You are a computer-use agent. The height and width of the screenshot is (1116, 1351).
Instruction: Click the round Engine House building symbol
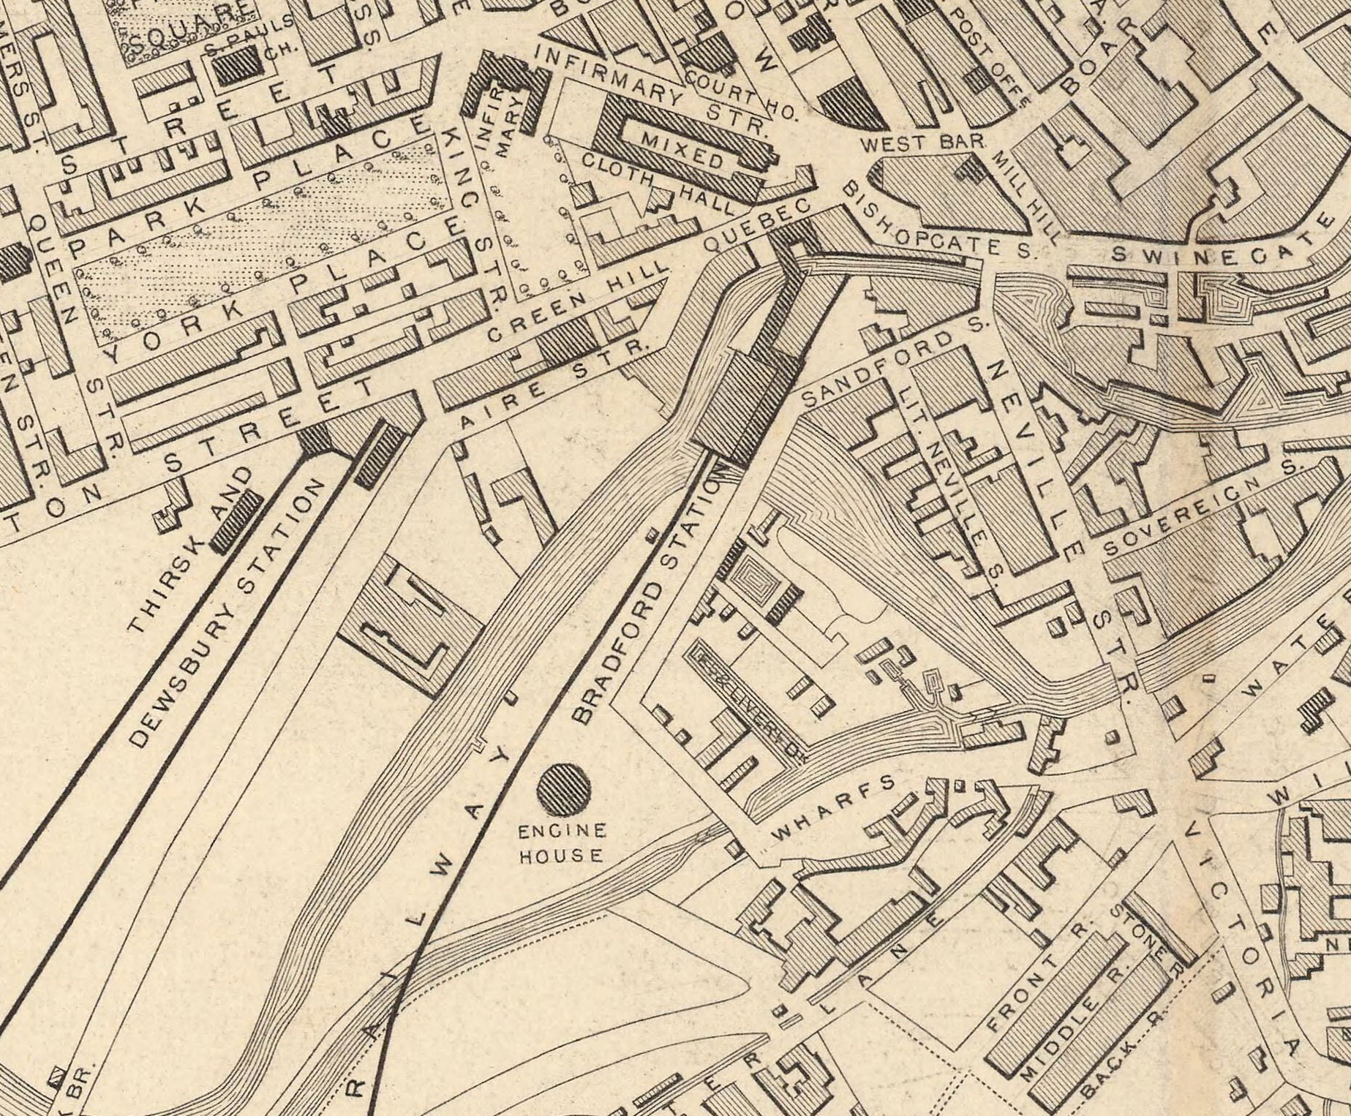[564, 788]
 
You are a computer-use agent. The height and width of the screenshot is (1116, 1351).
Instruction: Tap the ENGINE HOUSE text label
[562, 843]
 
